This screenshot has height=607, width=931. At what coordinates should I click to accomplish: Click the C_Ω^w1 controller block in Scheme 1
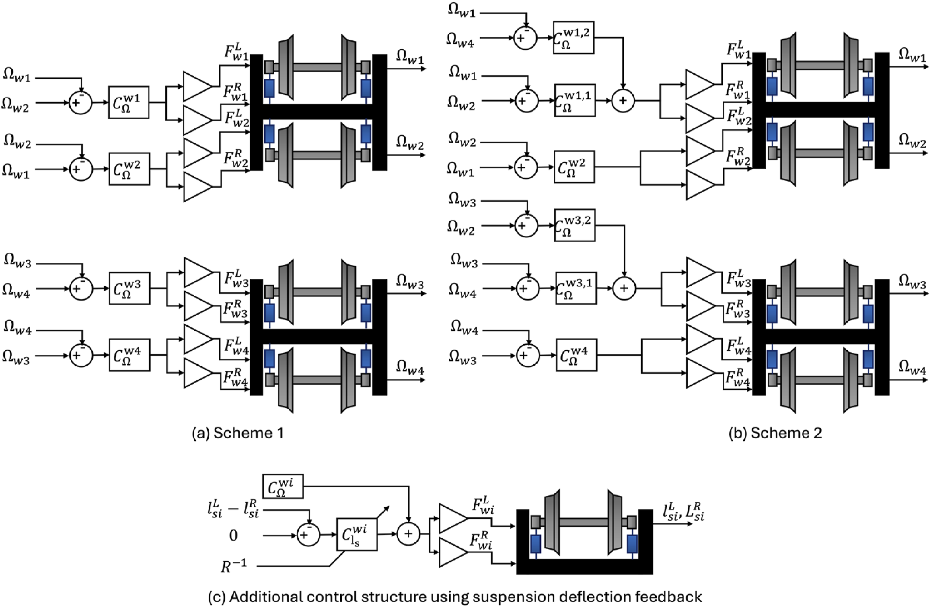click(129, 102)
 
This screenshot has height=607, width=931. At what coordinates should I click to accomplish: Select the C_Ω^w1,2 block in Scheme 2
click(574, 38)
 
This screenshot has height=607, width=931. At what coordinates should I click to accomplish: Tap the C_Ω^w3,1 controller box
click(576, 288)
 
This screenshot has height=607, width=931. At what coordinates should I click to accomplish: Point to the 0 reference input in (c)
click(233, 535)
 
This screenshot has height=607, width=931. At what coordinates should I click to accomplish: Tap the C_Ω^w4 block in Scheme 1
click(129, 355)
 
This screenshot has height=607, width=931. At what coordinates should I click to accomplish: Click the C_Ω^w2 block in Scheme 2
click(574, 167)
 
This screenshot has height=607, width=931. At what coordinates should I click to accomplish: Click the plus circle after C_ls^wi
click(408, 534)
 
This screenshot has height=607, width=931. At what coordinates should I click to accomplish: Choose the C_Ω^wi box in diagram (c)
click(283, 486)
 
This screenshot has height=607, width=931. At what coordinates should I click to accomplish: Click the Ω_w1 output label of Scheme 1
click(410, 57)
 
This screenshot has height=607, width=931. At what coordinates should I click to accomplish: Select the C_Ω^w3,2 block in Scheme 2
click(575, 225)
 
